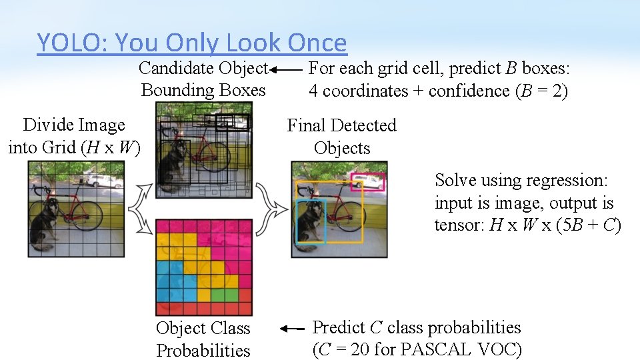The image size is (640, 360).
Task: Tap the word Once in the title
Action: click(x=317, y=43)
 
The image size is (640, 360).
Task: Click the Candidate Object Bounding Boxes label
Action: click(x=203, y=79)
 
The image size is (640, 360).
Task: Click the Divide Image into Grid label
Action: click(x=74, y=136)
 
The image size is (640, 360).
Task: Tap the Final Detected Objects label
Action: click(x=341, y=137)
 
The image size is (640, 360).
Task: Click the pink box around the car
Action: click(x=367, y=181)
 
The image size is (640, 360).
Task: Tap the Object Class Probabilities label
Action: click(x=203, y=339)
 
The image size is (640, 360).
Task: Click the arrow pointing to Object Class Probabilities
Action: click(x=292, y=329)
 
